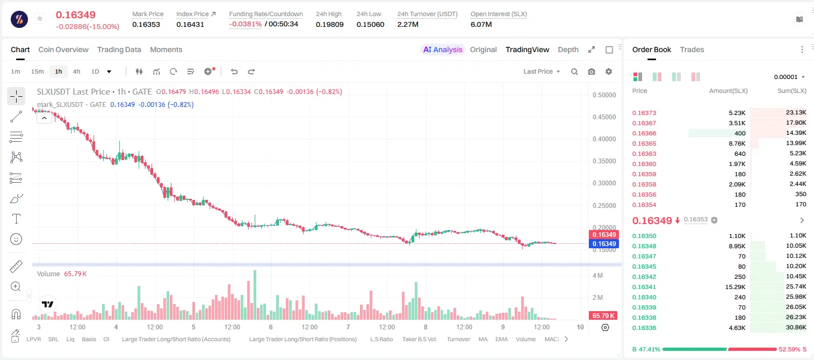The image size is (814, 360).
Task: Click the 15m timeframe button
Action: click(x=38, y=71)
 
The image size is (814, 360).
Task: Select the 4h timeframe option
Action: click(x=76, y=71)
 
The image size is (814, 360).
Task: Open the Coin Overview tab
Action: click(x=63, y=50)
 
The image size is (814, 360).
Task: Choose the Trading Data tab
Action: click(x=119, y=50)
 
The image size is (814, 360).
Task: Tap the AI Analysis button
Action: click(x=443, y=50)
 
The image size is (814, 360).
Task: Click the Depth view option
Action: click(x=568, y=50)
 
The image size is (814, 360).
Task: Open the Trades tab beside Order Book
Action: click(x=692, y=50)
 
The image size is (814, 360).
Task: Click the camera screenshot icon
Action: click(x=592, y=71)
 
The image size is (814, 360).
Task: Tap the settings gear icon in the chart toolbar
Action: click(x=609, y=71)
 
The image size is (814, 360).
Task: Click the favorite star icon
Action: click(x=40, y=18)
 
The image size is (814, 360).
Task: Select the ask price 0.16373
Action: click(x=644, y=113)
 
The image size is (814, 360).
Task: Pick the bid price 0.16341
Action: click(x=644, y=287)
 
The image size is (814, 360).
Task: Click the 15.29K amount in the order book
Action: click(x=735, y=287)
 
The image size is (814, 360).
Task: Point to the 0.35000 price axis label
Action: click(x=604, y=161)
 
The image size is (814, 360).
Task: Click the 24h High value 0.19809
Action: click(x=329, y=24)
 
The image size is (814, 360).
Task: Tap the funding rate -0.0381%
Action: click(x=246, y=24)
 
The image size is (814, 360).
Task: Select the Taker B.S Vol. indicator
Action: click(x=419, y=339)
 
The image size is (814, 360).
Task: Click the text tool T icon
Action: click(x=16, y=219)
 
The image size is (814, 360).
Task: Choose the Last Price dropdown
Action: click(x=542, y=71)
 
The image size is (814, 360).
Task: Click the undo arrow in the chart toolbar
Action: click(x=234, y=71)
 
